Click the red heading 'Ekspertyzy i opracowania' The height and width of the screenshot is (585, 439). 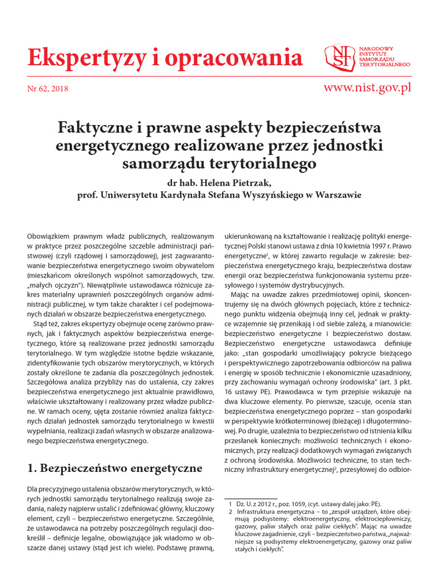[x=165, y=57]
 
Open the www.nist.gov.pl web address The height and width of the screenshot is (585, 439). [x=367, y=87]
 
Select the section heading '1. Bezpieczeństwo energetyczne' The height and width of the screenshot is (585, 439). [x=115, y=468]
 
